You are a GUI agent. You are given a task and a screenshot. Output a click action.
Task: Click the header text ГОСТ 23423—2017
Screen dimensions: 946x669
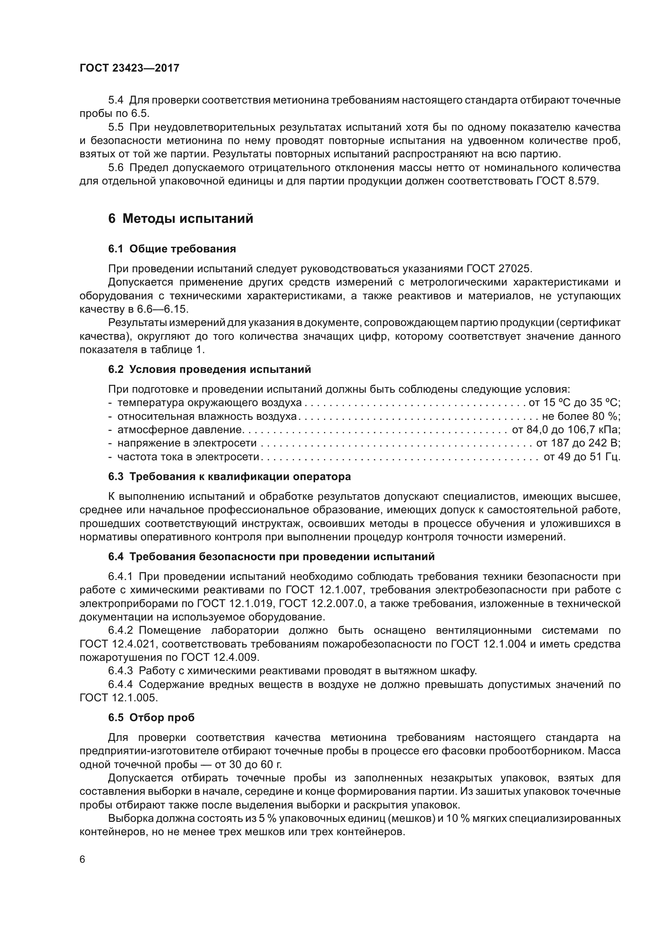129,68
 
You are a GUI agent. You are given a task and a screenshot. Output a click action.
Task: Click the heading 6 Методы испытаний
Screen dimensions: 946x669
181,218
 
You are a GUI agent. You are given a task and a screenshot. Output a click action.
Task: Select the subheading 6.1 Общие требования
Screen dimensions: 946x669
172,249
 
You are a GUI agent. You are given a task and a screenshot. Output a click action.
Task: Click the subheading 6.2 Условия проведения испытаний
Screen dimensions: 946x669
209,369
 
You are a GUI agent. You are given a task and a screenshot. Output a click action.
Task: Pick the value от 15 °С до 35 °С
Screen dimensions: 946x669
574,402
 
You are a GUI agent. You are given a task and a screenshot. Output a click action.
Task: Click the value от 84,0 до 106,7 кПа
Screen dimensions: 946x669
566,430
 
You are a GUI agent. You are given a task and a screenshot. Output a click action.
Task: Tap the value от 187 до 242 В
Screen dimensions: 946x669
578,443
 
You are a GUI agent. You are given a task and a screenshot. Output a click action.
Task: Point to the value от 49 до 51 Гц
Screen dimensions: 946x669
582,457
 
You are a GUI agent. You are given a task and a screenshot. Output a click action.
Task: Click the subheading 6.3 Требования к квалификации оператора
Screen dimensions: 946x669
229,477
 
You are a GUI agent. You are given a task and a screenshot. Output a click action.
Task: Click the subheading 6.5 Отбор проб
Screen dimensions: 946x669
151,718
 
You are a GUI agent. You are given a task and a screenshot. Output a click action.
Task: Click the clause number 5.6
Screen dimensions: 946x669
115,168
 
